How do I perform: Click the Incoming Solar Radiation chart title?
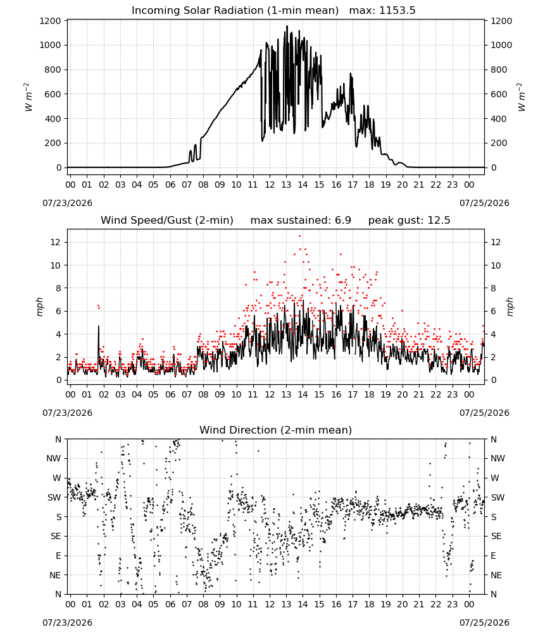(x=235, y=11)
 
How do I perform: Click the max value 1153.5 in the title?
(x=397, y=11)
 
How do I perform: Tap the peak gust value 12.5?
(x=438, y=221)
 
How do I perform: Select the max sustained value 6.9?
(x=342, y=221)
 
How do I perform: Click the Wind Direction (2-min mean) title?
(x=276, y=430)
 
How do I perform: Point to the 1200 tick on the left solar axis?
(x=50, y=21)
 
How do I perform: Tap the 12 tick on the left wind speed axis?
(x=56, y=242)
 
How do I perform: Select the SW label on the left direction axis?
(x=54, y=497)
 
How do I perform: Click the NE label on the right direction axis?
(x=496, y=575)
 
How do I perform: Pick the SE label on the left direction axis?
(x=56, y=536)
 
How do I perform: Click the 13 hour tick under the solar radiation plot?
(x=286, y=185)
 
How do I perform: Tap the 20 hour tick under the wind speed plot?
(x=403, y=394)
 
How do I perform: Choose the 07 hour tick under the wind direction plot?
(x=187, y=605)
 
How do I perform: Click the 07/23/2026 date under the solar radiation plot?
(x=67, y=203)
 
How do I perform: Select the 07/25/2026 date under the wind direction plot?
(x=484, y=623)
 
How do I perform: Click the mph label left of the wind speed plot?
(x=39, y=307)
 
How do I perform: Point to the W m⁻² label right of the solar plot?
(x=521, y=97)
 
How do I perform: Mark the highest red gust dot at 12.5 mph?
(x=299, y=236)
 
